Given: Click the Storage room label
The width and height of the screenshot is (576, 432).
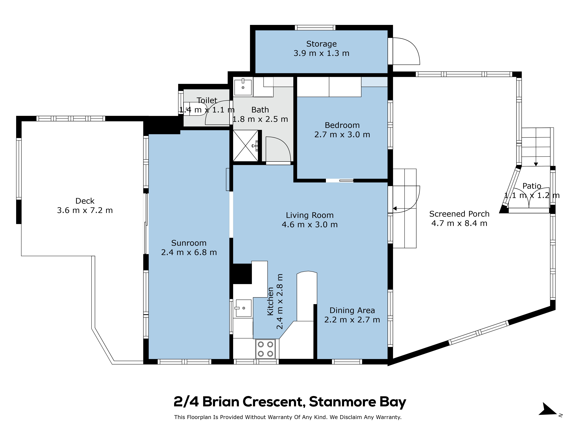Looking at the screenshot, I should point(321,44).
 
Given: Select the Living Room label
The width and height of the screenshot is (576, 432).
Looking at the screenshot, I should point(310,215).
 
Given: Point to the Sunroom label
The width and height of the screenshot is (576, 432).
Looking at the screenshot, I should point(189,243).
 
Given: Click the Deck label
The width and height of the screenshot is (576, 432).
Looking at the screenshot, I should point(85,201).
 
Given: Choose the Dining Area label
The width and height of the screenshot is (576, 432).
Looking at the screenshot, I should point(352,310).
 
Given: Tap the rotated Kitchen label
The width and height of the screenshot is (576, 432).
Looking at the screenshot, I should point(271,301).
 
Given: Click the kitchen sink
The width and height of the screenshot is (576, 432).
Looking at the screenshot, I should point(244,308).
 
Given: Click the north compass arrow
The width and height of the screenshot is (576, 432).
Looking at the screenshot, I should point(548,410).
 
